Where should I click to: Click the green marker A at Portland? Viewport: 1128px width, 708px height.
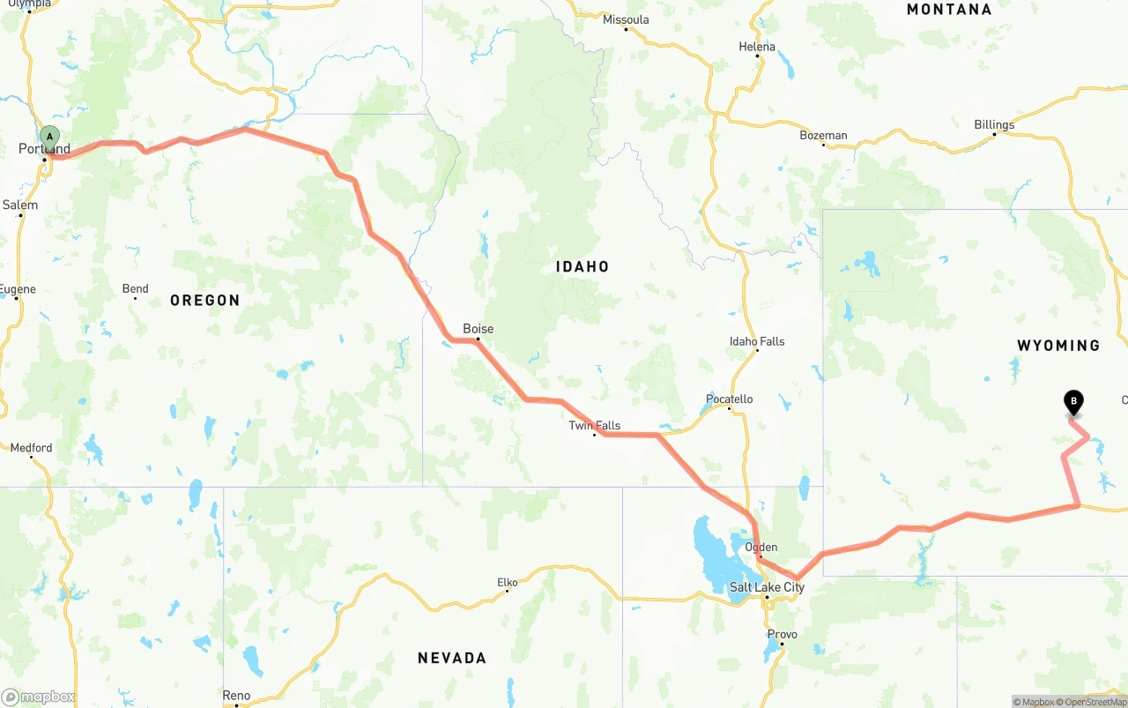coord(50,137)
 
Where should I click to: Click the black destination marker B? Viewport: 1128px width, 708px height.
coord(1073,401)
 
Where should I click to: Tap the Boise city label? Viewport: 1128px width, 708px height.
coord(478,329)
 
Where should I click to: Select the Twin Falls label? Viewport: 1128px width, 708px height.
coord(594,425)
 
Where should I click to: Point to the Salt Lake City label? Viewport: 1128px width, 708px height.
coord(767,587)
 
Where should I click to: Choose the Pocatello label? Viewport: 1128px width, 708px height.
coord(729,399)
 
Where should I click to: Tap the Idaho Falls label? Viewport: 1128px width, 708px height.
coord(756,341)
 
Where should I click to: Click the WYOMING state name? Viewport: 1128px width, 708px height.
coord(1057,346)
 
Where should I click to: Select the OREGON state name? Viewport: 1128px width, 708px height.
coord(204,301)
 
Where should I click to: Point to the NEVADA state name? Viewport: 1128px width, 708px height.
coord(451,658)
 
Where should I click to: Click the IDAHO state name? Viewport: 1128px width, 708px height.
coord(582,266)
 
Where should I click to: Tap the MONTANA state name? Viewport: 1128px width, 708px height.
coord(948,10)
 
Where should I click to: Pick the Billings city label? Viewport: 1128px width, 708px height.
coord(993,124)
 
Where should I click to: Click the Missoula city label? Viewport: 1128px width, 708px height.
coord(626,19)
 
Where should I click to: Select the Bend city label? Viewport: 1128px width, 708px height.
coord(135,288)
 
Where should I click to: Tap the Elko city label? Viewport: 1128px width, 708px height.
coord(507,582)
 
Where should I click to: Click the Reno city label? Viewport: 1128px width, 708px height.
coord(235,696)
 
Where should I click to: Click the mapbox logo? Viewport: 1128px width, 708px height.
coord(39,697)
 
